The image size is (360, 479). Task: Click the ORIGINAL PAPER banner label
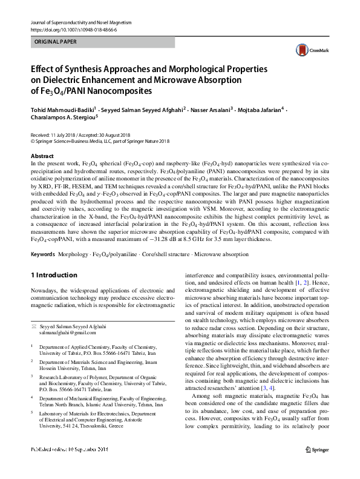[54, 42]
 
